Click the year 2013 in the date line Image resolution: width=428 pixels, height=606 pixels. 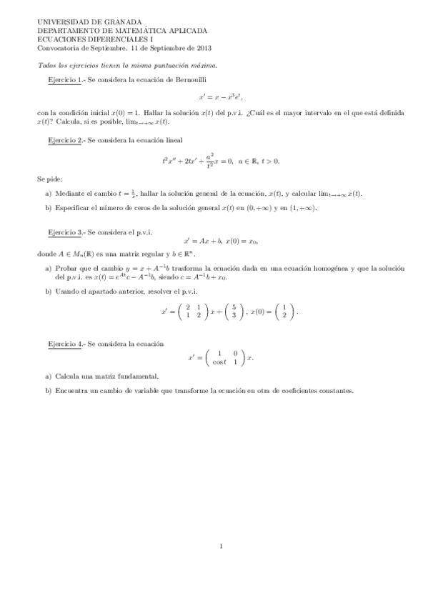pos(202,49)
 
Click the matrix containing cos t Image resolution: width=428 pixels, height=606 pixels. pos(224,357)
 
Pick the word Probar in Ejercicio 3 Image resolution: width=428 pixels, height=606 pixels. pos(64,268)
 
